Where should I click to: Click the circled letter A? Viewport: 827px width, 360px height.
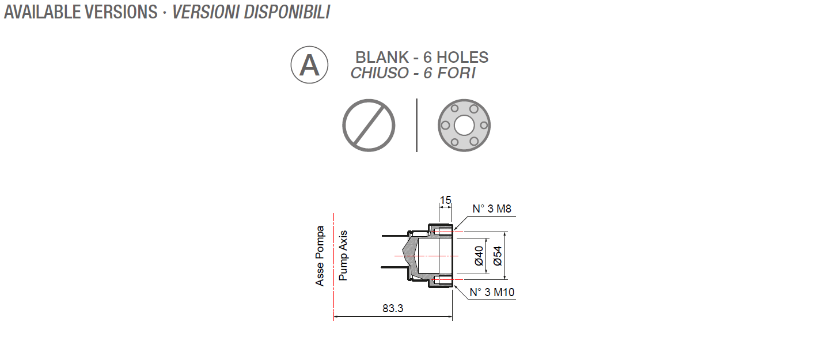tap(309, 65)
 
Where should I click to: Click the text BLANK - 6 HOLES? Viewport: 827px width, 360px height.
tap(422, 58)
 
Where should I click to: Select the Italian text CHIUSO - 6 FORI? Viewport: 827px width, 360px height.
tap(413, 73)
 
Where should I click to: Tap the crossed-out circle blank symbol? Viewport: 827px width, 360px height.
tap(369, 125)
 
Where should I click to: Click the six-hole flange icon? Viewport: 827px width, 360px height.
tap(464, 125)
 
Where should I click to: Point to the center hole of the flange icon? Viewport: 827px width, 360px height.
tap(464, 125)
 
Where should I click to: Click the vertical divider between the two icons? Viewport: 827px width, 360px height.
tap(416, 125)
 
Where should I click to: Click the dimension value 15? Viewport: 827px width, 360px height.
tap(445, 200)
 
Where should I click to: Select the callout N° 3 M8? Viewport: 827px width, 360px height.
tap(492, 209)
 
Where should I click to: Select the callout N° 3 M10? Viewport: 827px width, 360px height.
tap(492, 292)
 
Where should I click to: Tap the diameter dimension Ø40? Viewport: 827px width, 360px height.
tap(479, 255)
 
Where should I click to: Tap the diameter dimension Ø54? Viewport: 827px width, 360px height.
tap(498, 255)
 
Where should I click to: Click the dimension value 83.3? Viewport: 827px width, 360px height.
tap(393, 308)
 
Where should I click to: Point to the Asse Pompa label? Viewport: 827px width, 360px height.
tap(320, 256)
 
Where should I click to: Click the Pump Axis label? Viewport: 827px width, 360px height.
tap(343, 256)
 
